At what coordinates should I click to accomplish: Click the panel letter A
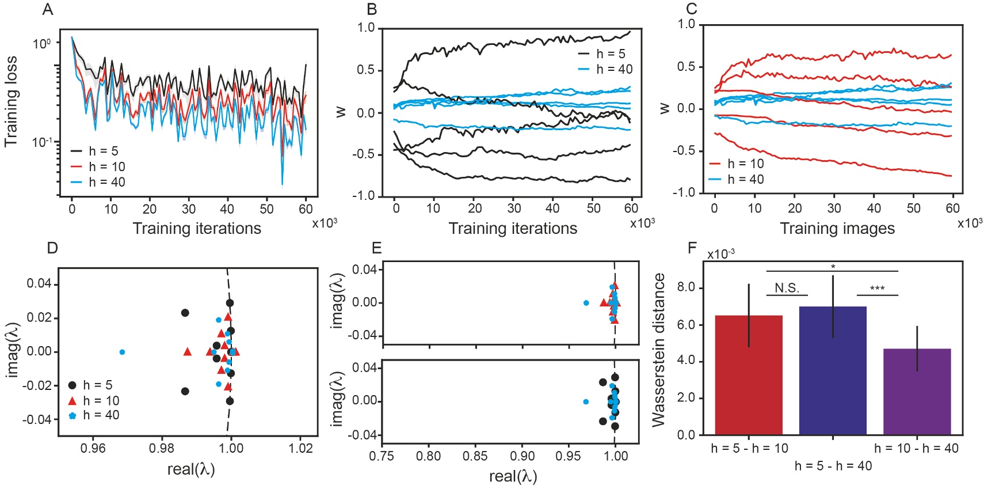coord(48,10)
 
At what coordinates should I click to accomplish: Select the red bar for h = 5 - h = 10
coord(748,374)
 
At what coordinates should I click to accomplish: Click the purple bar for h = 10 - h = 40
coord(917,391)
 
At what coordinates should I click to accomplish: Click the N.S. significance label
coord(787,289)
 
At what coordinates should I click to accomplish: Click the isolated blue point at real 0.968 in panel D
coord(122,352)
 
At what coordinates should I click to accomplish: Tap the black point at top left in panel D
coord(185,313)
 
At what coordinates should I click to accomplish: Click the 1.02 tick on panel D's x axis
coord(300,448)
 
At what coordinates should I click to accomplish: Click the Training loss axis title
coord(11,101)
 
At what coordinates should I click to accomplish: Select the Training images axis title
coord(837,229)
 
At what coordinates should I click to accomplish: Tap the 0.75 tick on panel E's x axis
coord(382,456)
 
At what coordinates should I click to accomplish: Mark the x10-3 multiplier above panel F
coord(720,254)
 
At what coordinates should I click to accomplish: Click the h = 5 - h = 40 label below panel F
coord(833,466)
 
